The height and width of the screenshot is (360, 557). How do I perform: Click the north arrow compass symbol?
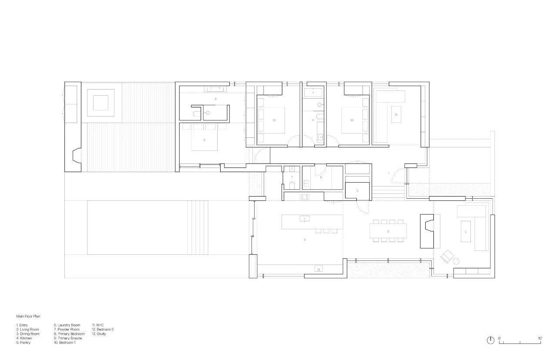[x=490, y=340]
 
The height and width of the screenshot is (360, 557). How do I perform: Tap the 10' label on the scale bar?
[x=540, y=338]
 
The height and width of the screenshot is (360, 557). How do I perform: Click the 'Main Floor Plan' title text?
[x=28, y=317]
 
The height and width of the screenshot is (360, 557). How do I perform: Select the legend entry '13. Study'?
[x=99, y=334]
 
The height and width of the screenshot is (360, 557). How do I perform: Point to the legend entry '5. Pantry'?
[x=23, y=343]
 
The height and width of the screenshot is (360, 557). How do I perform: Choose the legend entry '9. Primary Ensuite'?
[x=67, y=338]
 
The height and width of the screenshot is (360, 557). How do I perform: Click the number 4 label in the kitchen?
[x=305, y=240]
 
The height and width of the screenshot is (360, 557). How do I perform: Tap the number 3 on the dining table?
[x=388, y=231]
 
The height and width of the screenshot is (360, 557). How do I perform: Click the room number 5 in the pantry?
[x=357, y=191]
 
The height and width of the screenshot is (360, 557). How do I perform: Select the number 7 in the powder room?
[x=292, y=177]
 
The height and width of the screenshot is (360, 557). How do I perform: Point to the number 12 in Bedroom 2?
[x=352, y=120]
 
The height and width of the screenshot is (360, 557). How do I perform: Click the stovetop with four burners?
[x=304, y=197]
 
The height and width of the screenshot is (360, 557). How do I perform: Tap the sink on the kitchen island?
[x=305, y=218]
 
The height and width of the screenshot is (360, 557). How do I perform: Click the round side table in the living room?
[x=456, y=261]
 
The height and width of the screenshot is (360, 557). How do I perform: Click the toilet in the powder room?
[x=292, y=186]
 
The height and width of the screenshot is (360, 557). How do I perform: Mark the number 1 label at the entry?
[x=389, y=173]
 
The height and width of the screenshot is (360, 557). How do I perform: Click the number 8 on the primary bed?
[x=205, y=140]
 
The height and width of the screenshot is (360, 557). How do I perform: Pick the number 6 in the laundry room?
[x=321, y=177]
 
